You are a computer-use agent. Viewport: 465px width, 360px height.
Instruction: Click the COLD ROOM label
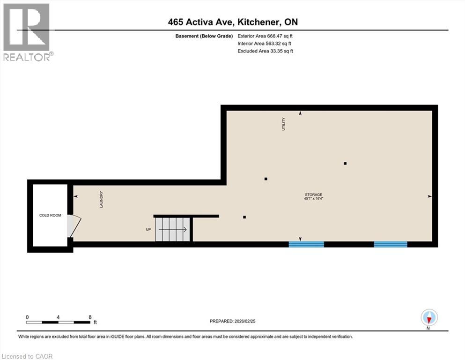50,216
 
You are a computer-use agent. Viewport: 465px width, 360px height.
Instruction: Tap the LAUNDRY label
101,199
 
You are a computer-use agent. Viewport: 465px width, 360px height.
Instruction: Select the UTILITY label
283,124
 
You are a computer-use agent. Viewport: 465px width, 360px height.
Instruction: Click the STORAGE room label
313,194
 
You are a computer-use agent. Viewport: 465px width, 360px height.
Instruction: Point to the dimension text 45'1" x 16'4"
313,199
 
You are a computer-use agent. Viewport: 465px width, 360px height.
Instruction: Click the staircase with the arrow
173,229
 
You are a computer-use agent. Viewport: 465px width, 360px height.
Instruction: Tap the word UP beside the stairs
148,230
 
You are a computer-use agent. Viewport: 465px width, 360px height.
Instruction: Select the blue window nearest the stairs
306,244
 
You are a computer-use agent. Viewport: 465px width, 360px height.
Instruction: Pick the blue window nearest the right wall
390,244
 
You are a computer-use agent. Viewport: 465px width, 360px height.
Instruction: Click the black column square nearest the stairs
244,217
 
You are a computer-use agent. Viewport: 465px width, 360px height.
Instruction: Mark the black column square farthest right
345,163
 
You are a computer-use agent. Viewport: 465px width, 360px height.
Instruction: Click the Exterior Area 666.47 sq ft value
266,36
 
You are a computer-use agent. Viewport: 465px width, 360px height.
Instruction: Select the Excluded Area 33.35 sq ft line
266,51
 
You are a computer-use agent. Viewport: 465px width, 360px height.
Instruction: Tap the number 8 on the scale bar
89,317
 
